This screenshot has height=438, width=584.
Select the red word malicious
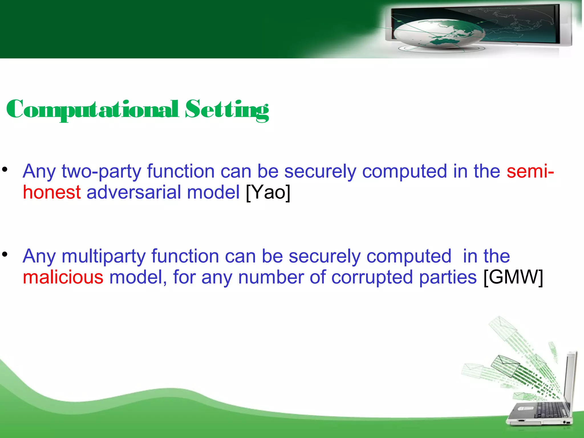tap(63, 277)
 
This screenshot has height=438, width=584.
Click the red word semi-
tap(530, 171)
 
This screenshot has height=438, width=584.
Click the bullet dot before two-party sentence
tap(5, 170)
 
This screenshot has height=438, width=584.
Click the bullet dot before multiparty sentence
tap(5, 254)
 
